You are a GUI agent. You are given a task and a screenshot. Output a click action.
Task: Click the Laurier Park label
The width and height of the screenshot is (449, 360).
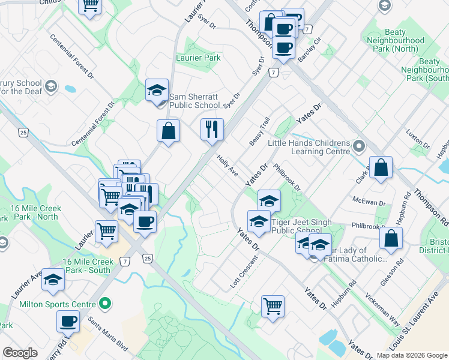pyautogui.click(x=198, y=58)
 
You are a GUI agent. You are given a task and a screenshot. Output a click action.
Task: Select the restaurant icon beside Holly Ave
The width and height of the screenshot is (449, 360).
pyautogui.click(x=212, y=129)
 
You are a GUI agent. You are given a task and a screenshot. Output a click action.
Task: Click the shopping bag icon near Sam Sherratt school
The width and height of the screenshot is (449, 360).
pyautogui.click(x=169, y=131)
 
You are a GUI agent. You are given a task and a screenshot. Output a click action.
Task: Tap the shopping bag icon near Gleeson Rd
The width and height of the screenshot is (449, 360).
pyautogui.click(x=391, y=238)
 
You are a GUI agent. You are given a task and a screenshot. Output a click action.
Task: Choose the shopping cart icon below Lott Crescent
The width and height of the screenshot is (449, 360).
pyautogui.click(x=273, y=306)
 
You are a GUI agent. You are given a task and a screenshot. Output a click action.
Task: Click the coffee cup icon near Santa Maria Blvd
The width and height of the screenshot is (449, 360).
pyautogui.click(x=68, y=321)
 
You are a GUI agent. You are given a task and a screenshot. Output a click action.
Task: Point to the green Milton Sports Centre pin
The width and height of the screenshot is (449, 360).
pyautogui.click(x=106, y=304)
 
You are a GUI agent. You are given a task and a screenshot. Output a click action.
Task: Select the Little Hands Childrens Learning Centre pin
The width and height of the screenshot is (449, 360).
pyautogui.click(x=359, y=146)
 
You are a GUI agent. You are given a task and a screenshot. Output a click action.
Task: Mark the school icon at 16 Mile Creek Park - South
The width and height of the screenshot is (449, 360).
pyautogui.click(x=53, y=280)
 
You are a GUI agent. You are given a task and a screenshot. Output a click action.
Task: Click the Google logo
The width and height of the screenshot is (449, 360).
pyautogui.click(x=20, y=353)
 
